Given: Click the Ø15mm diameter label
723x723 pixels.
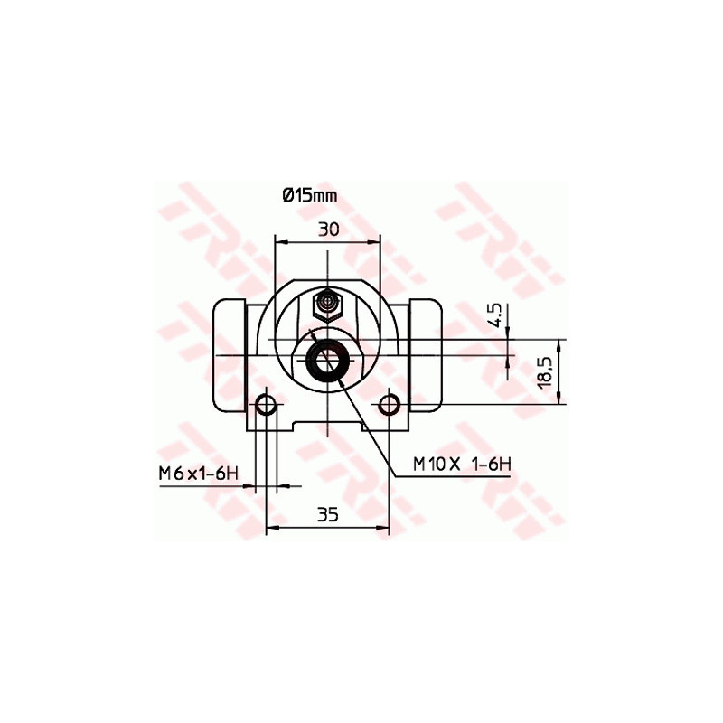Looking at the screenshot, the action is point(310,196).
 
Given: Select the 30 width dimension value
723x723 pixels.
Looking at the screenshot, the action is point(329,229).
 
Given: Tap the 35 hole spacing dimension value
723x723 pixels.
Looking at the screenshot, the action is point(328,514).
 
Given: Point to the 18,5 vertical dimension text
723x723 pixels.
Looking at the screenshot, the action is point(545,371).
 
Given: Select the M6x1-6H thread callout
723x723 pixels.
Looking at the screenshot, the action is point(198,473).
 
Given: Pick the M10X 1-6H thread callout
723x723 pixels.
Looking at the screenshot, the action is point(462,464).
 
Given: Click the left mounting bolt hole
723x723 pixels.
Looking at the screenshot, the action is point(266,405).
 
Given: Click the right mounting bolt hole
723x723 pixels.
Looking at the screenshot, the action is point(390,405).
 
